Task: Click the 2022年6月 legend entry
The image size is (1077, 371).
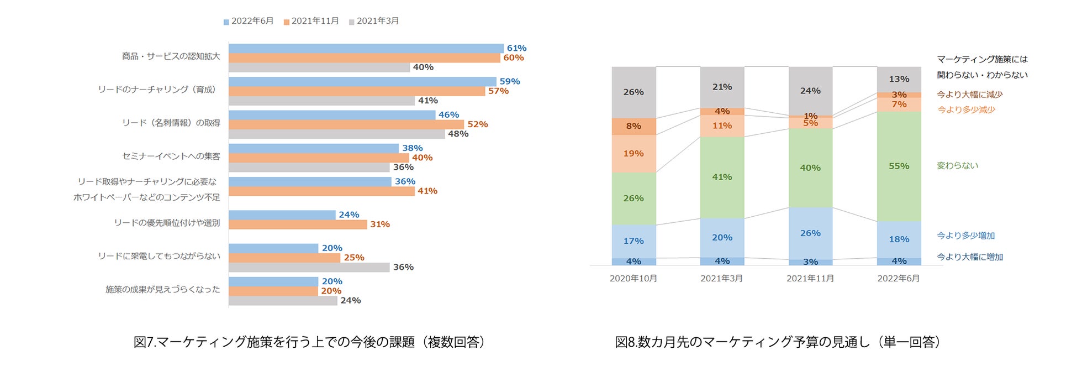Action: click(249, 21)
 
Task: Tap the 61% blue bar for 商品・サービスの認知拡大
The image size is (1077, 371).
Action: click(366, 49)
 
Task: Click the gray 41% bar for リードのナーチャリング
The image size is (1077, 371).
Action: click(321, 101)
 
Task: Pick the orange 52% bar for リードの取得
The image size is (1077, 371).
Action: click(346, 124)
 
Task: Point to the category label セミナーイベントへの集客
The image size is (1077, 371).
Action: click(171, 156)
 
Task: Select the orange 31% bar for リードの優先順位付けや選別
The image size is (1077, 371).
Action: click(298, 224)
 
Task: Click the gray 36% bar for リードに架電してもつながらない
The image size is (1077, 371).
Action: click(309, 268)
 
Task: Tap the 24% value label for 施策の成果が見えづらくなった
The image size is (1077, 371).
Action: click(351, 301)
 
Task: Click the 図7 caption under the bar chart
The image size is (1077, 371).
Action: click(309, 342)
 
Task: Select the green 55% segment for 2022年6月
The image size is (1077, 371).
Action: click(899, 166)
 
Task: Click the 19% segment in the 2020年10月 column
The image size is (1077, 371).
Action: click(633, 154)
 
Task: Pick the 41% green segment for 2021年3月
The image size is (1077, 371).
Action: click(722, 177)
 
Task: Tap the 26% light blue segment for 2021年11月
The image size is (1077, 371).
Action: click(810, 233)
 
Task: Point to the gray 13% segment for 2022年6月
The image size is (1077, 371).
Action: click(899, 80)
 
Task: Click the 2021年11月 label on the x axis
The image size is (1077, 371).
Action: click(810, 279)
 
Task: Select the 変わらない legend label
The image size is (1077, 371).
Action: click(957, 166)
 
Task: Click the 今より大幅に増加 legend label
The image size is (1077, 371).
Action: click(969, 257)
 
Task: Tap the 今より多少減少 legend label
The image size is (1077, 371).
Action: click(966, 110)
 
